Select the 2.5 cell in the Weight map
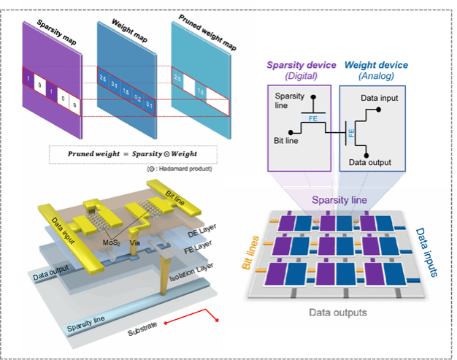pyautogui.click(x=104, y=78)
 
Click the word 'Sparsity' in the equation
pyautogui.click(x=132, y=155)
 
